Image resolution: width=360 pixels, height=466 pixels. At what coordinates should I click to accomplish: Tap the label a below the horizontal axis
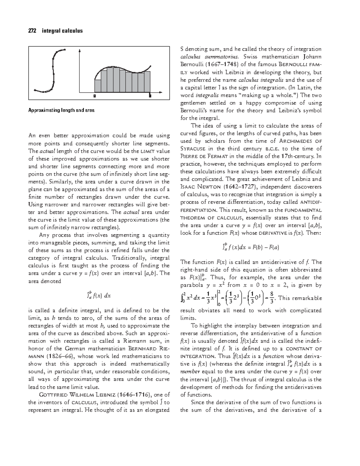click(x=94, y=96)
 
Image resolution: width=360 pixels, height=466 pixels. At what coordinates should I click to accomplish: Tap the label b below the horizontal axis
click(x=150, y=96)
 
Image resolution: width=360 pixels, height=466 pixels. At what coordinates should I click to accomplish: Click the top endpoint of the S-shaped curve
click(x=65, y=50)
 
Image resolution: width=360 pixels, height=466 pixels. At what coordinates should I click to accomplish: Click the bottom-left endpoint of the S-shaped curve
click(x=35, y=89)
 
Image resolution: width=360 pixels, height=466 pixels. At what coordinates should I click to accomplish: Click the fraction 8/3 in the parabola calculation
click(x=271, y=298)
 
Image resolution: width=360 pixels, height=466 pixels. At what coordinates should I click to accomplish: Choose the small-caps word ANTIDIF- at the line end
click(x=311, y=202)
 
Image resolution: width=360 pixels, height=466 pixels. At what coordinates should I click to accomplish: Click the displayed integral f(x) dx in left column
click(x=99, y=296)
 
